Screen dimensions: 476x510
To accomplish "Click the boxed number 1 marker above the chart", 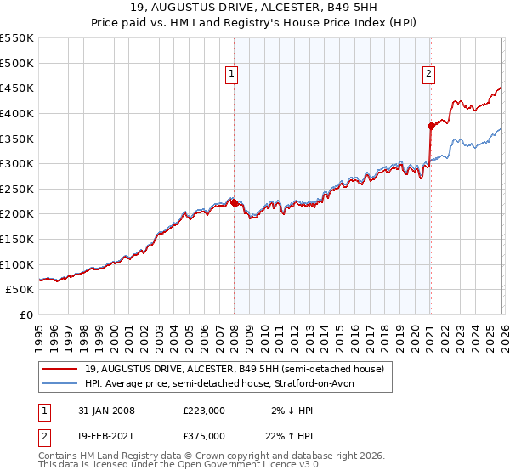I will click(x=231, y=75).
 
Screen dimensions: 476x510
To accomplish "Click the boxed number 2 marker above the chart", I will click(x=428, y=75).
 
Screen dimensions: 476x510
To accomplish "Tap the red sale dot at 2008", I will click(x=235, y=202).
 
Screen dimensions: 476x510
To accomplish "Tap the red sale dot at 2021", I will click(x=431, y=126).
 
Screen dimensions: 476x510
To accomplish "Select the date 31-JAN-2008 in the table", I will click(x=105, y=411).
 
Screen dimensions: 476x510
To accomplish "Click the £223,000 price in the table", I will click(x=204, y=411).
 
